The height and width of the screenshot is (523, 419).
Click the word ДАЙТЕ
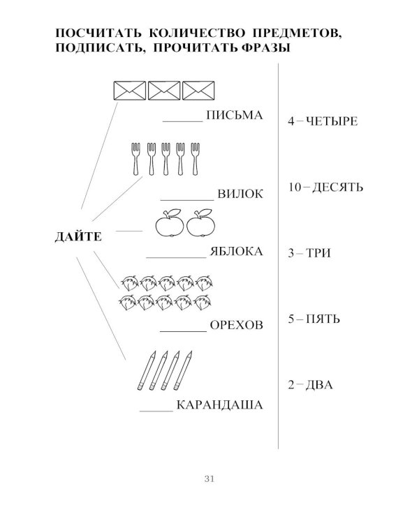pyautogui.click(x=78, y=237)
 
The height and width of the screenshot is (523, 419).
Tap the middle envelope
pyautogui.click(x=164, y=91)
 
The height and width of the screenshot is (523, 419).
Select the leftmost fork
pyautogui.click(x=135, y=159)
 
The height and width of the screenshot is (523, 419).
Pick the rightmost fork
pyautogui.click(x=195, y=159)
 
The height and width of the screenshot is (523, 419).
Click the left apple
pyautogui.click(x=170, y=223)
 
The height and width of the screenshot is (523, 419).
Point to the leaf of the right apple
pyautogui.click(x=205, y=212)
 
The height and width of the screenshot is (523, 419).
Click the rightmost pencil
pyautogui.click(x=183, y=370)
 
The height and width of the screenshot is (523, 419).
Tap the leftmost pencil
pyautogui.click(x=147, y=370)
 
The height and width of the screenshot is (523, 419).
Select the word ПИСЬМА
pyautogui.click(x=235, y=115)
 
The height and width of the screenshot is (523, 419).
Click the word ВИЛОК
pyautogui.click(x=240, y=194)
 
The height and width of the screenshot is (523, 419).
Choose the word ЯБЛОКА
pyautogui.click(x=236, y=251)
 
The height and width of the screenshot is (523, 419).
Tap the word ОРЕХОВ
pyautogui.click(x=237, y=325)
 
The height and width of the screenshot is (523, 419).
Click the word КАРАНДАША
pyautogui.click(x=219, y=405)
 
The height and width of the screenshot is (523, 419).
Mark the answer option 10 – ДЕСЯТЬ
pyautogui.click(x=326, y=187)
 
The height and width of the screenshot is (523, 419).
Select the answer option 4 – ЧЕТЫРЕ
pyautogui.click(x=323, y=121)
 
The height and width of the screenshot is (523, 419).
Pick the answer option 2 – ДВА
pyautogui.click(x=310, y=385)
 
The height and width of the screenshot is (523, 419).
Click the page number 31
pyautogui.click(x=209, y=479)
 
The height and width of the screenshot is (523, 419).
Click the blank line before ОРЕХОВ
pyautogui.click(x=184, y=331)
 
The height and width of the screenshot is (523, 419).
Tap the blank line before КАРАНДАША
pyautogui.click(x=156, y=411)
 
